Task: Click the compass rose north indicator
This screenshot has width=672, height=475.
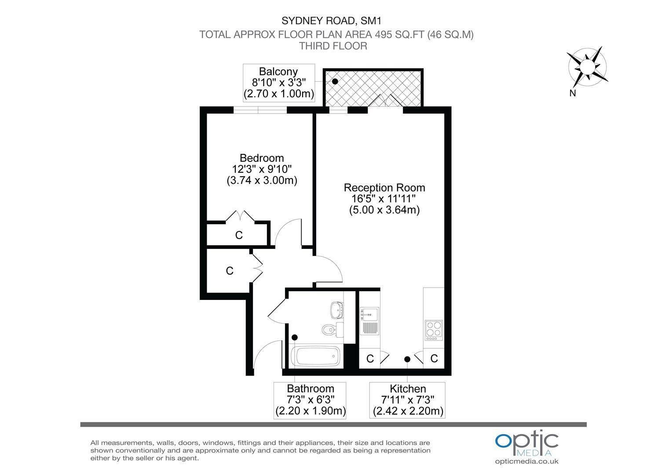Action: tap(588, 66)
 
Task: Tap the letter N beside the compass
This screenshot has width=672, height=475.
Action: tap(573, 93)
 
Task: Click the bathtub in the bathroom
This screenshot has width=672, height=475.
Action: tap(315, 357)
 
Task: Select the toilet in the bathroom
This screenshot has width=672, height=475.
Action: tap(332, 330)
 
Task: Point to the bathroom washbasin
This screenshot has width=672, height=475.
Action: tap(337, 310)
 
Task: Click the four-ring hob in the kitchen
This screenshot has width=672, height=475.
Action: tap(434, 330)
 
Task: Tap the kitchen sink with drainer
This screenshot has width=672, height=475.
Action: tap(369, 321)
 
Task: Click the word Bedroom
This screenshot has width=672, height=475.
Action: tap(262, 158)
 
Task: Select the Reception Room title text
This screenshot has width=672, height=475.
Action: tap(384, 187)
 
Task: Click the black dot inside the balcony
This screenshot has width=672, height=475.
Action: tap(335, 81)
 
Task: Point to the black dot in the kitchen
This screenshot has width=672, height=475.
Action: tap(407, 359)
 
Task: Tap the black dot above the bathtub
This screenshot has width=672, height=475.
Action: tap(295, 337)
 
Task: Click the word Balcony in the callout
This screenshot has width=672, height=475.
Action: tap(278, 71)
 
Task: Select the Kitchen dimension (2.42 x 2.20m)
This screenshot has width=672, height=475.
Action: tap(408, 411)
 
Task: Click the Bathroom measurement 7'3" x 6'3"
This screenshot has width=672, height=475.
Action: tap(310, 400)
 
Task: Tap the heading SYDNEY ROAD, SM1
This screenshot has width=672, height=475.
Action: tap(332, 21)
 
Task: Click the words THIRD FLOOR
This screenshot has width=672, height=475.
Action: tap(333, 46)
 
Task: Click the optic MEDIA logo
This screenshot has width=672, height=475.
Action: tap(526, 443)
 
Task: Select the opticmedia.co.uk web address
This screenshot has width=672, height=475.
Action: tap(527, 461)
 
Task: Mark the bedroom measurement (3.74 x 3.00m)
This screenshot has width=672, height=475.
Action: tap(262, 180)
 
